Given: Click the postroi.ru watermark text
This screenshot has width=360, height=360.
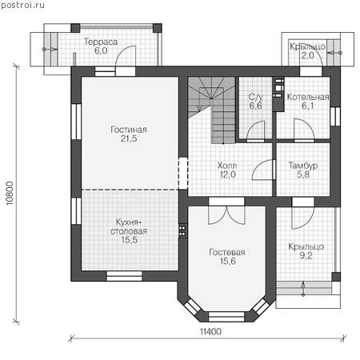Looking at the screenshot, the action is (22, 6).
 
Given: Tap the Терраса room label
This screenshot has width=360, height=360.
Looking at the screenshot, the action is (101, 42).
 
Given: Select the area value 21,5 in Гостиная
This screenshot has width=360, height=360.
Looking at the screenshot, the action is (129, 138).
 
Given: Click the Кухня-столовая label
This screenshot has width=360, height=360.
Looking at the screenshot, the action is (129, 226).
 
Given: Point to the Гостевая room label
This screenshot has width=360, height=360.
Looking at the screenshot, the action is (227, 252).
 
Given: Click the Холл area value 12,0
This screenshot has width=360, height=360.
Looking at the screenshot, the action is (228, 174).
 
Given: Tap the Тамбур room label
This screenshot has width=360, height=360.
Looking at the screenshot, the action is (303, 166).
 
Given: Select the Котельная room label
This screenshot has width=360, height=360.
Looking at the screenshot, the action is (308, 97).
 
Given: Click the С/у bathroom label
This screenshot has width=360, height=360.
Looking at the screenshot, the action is (255, 97).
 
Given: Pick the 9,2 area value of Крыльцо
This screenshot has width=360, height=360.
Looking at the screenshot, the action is (306, 255).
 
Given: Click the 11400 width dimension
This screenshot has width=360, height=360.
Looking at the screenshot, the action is (210, 331).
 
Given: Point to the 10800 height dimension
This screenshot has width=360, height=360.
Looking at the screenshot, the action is (10, 194).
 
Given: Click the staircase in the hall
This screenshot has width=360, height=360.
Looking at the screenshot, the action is (211, 110).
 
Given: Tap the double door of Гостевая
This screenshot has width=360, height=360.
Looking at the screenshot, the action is (226, 215).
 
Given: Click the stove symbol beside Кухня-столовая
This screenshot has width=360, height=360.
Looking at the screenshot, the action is (182, 231).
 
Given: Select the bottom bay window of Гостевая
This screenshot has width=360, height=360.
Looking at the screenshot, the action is (226, 317).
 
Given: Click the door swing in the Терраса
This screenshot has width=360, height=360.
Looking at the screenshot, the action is (126, 55).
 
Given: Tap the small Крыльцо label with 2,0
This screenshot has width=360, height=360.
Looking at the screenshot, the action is (307, 51).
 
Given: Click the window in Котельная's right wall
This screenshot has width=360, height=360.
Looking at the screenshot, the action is (335, 116).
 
